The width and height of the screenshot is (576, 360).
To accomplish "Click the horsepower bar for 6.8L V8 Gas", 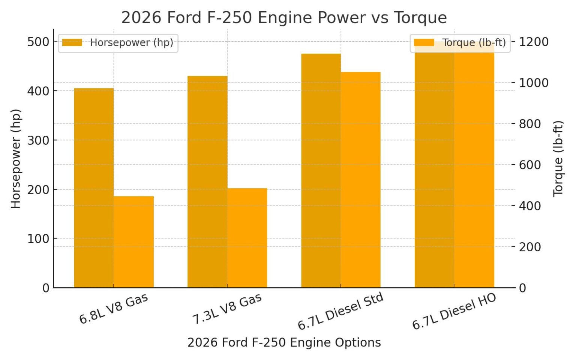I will pos(94,187).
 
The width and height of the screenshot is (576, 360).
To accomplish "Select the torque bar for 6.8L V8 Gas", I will pos(133,242).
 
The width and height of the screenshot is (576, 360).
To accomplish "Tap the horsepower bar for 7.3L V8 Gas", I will pos(207,182).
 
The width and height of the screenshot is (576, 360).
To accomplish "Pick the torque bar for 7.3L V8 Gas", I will pos(247,238).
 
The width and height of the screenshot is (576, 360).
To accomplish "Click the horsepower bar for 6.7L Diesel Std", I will pos(321,171).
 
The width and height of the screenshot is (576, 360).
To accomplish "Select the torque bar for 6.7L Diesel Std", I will pos(361,180).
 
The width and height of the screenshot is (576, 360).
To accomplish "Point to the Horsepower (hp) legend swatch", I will pos(72,43).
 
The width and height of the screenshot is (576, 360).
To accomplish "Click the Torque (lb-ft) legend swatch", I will pos(424,43).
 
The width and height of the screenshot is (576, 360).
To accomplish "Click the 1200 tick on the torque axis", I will pos(534,42).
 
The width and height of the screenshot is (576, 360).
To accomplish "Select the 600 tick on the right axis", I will pos(529,165).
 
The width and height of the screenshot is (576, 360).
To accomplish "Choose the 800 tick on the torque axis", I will pos(529,124).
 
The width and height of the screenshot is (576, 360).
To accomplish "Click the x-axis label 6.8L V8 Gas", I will pos(114,309).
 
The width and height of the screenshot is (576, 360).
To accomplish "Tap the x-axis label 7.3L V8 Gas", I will pos(227,309).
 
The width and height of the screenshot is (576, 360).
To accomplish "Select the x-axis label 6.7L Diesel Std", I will pos(340,311).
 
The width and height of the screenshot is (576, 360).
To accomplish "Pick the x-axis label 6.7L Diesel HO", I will pos(454,311).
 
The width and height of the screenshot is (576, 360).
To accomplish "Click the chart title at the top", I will pos(284,18).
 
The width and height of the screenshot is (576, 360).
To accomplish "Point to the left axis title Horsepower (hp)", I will pos(15,159).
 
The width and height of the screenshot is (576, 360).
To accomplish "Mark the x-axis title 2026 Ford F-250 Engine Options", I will pos(284,342).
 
